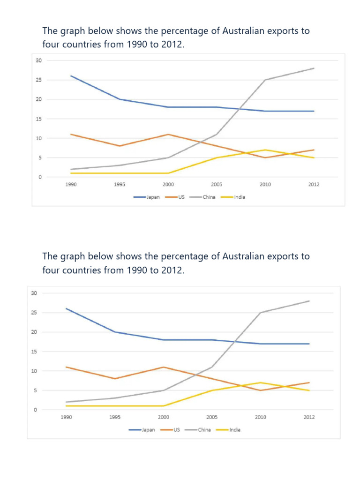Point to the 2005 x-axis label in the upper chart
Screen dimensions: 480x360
point(217,185)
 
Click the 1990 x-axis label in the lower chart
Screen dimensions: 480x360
point(66,417)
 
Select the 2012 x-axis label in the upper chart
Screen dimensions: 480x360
point(314,185)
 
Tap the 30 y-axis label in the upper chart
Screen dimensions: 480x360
point(38,60)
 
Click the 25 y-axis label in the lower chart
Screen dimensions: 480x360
point(34,313)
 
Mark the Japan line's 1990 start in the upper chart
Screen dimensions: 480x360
point(71,76)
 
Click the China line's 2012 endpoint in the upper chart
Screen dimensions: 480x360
point(314,68)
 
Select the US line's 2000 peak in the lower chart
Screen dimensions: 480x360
point(163,367)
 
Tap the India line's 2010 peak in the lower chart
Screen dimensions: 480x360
point(260,382)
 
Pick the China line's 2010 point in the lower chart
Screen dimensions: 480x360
point(260,313)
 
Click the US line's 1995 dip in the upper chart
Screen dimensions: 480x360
point(120,146)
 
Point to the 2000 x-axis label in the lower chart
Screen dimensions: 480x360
point(163,417)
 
